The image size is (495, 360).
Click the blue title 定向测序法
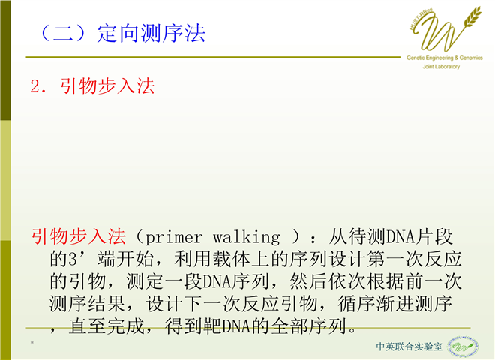(x=151, y=34)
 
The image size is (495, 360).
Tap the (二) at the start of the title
(x=63, y=34)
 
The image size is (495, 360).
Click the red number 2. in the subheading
(x=38, y=86)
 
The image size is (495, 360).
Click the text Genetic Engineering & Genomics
(x=445, y=58)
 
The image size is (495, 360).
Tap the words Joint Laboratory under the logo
(x=441, y=66)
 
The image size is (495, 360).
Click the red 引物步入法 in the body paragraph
(x=78, y=236)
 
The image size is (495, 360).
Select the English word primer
(x=174, y=238)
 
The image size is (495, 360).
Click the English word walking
(x=246, y=238)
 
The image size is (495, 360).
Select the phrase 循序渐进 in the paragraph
(x=376, y=304)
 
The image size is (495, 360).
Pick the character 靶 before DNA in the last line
(x=211, y=326)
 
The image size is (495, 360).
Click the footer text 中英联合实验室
(x=409, y=346)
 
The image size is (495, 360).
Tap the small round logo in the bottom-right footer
(x=463, y=346)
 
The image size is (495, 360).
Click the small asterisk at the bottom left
(x=32, y=343)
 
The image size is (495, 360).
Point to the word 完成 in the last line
(x=126, y=326)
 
